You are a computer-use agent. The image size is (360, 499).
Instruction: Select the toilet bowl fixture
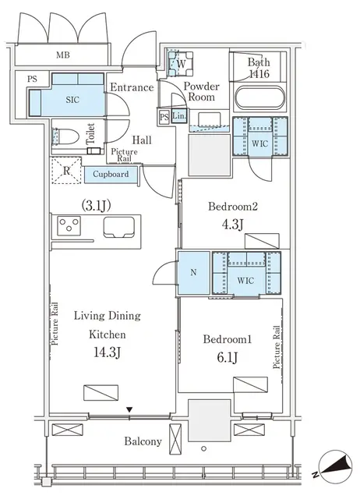tap(67, 136)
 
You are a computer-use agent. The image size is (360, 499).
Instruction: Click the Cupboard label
tap(111, 175)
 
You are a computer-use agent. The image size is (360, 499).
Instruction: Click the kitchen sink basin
tap(118, 227)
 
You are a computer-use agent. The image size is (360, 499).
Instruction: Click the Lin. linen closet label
tap(178, 117)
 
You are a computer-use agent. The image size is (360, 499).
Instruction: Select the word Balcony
tap(143, 441)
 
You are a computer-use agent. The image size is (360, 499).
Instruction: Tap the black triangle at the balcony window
tap(129, 409)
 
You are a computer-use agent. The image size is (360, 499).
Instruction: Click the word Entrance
tap(131, 87)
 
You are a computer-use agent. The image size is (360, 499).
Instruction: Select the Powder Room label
tap(201, 92)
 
